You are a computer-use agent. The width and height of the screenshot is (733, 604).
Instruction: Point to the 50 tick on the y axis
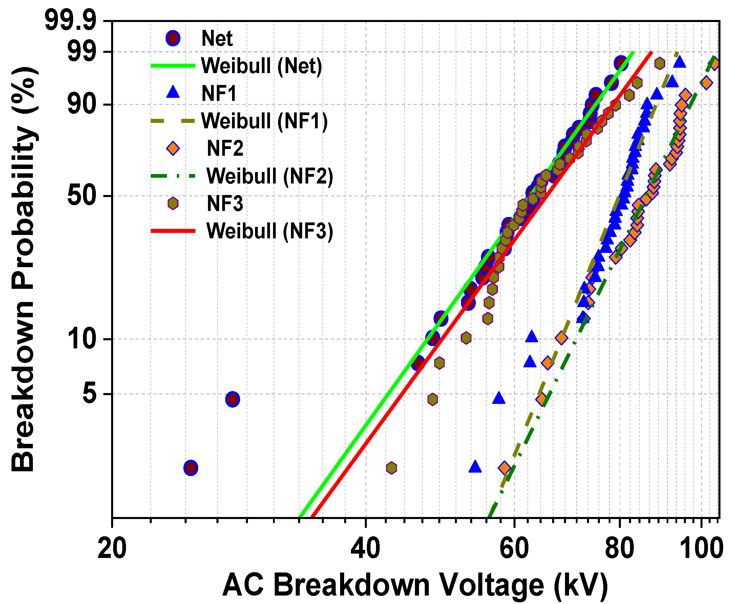82,196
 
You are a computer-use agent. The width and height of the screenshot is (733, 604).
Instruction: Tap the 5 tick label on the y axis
89,394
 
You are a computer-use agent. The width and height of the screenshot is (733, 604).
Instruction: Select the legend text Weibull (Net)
261,65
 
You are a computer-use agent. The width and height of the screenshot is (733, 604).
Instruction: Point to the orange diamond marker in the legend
173,149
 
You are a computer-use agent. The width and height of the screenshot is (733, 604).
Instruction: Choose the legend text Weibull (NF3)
270,231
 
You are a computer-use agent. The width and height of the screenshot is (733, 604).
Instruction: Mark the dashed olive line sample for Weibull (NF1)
173,121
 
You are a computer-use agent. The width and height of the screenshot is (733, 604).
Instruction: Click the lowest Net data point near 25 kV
191,468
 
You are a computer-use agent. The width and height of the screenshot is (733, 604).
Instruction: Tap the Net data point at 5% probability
232,399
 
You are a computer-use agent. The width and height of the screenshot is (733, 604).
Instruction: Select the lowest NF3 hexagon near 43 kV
392,468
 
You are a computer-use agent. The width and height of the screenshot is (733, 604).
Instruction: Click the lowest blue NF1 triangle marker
475,467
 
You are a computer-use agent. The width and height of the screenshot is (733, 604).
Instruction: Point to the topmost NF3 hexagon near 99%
659,63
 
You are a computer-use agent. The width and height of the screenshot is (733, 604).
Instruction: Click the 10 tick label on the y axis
82,339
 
